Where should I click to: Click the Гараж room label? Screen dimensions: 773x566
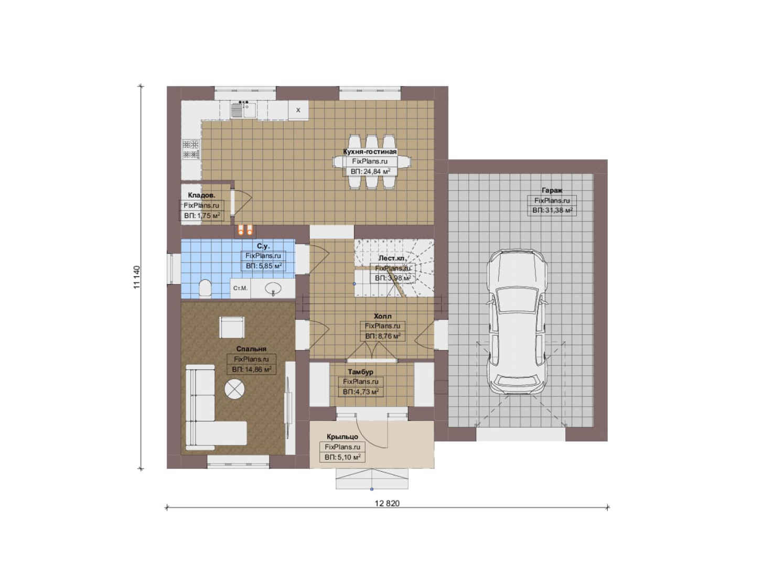click(x=552, y=190)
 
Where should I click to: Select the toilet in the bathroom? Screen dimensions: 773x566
click(x=205, y=288)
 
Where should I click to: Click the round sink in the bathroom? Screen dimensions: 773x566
click(x=273, y=288)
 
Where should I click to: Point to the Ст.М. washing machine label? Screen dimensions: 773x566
click(x=240, y=288)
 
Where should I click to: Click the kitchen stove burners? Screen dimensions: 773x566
click(x=191, y=149)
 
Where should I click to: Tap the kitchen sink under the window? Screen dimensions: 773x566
click(x=243, y=110)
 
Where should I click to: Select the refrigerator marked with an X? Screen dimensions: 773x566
click(x=298, y=110)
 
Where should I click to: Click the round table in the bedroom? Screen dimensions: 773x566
click(x=234, y=389)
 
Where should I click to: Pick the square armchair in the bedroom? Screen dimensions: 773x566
click(x=232, y=328)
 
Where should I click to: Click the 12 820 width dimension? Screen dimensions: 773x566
click(x=387, y=504)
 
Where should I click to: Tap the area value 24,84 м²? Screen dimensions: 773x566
click(x=375, y=171)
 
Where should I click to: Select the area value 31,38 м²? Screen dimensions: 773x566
click(x=557, y=210)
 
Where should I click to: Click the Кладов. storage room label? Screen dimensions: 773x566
click(x=201, y=195)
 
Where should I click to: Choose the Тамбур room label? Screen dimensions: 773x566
click(x=361, y=372)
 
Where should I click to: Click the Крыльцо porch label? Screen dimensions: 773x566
click(x=342, y=437)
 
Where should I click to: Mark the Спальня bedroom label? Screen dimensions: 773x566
click(x=251, y=349)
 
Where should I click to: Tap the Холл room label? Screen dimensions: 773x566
click(x=383, y=316)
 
